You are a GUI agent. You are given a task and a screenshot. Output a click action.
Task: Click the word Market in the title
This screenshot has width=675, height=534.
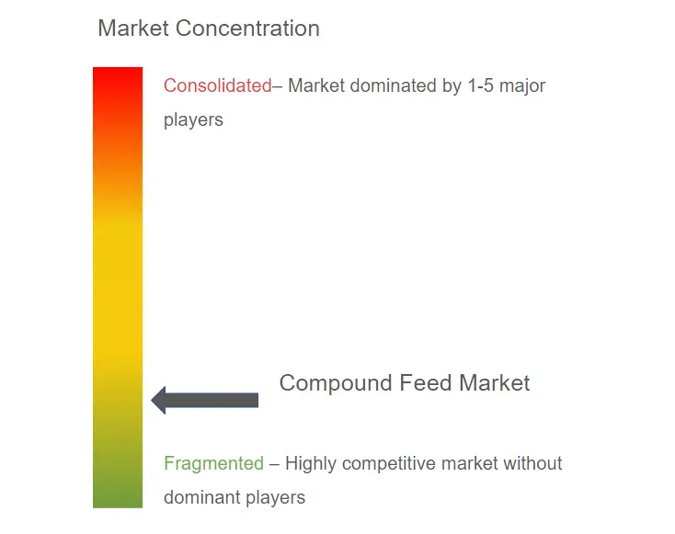pyautogui.click(x=133, y=28)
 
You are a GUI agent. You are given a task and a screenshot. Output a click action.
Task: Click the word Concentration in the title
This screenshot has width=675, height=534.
pyautogui.click(x=247, y=28)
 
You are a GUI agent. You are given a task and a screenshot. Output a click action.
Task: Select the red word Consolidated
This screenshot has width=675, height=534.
pyautogui.click(x=218, y=85)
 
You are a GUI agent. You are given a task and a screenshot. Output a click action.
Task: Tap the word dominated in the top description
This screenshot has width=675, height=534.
pyautogui.click(x=393, y=85)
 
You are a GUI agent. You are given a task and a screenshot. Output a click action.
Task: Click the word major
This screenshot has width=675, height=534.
pyautogui.click(x=522, y=86)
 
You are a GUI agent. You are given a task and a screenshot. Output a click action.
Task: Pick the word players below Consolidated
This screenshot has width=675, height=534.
pyautogui.click(x=193, y=120)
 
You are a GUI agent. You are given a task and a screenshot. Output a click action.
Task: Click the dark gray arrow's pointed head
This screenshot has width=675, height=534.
pyautogui.click(x=152, y=400)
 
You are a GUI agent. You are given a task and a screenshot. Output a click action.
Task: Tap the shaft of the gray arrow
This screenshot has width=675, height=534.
pyautogui.click(x=212, y=400)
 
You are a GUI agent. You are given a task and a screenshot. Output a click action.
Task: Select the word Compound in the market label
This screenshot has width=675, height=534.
pyautogui.click(x=336, y=383)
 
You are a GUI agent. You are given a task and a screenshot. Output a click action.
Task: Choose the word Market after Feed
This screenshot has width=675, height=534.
pyautogui.click(x=494, y=382)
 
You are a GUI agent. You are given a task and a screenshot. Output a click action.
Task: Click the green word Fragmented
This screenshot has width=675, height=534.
pyautogui.click(x=213, y=464)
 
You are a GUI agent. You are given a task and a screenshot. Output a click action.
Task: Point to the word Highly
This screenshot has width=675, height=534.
pyautogui.click(x=311, y=464)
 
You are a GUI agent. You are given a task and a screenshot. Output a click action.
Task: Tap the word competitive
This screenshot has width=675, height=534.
pyautogui.click(x=390, y=464)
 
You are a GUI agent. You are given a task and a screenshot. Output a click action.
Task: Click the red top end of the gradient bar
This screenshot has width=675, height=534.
pyautogui.click(x=118, y=69)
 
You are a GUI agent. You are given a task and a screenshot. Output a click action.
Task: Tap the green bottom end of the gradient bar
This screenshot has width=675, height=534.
pyautogui.click(x=118, y=506)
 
